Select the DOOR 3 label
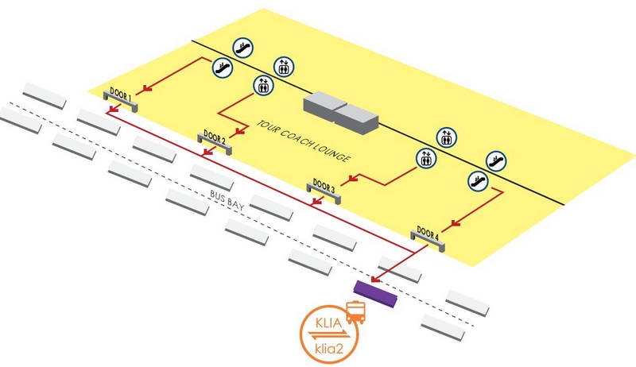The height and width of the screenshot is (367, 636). [323, 185]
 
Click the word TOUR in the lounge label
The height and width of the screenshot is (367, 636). [268, 126]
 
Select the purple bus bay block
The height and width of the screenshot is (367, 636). [376, 292]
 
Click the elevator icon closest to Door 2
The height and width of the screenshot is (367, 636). [262, 85]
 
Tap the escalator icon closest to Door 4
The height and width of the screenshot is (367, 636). [477, 180]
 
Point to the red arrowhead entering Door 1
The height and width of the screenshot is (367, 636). [144, 89]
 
